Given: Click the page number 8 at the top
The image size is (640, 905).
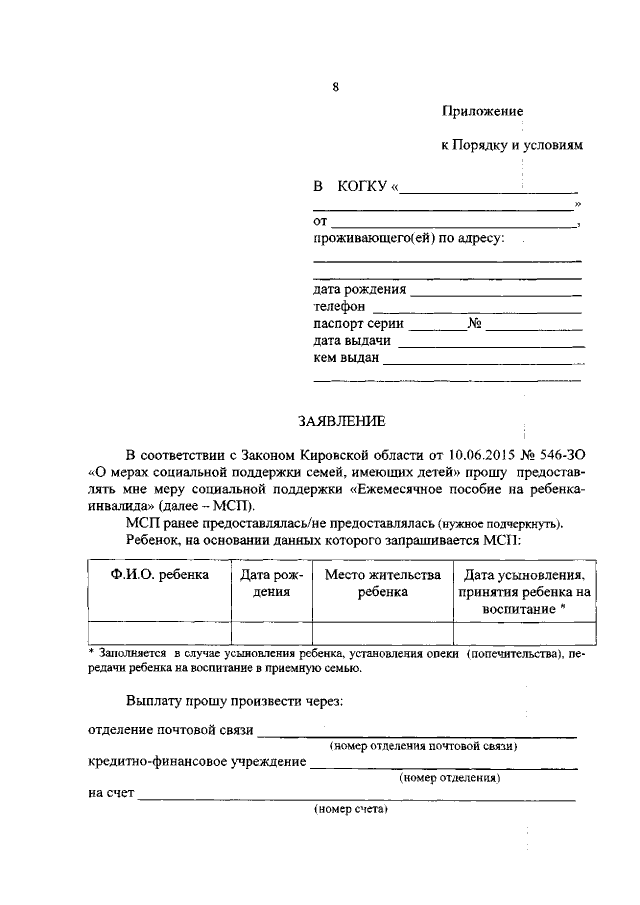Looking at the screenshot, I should [x=336, y=87].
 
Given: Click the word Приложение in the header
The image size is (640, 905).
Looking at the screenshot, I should [x=482, y=110].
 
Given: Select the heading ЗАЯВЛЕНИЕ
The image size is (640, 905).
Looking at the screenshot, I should [x=335, y=421].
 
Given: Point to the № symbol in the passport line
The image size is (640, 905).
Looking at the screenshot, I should [x=476, y=324].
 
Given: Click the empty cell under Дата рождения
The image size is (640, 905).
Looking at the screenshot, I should [x=271, y=632].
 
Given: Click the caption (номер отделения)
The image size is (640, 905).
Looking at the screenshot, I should [x=449, y=777].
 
